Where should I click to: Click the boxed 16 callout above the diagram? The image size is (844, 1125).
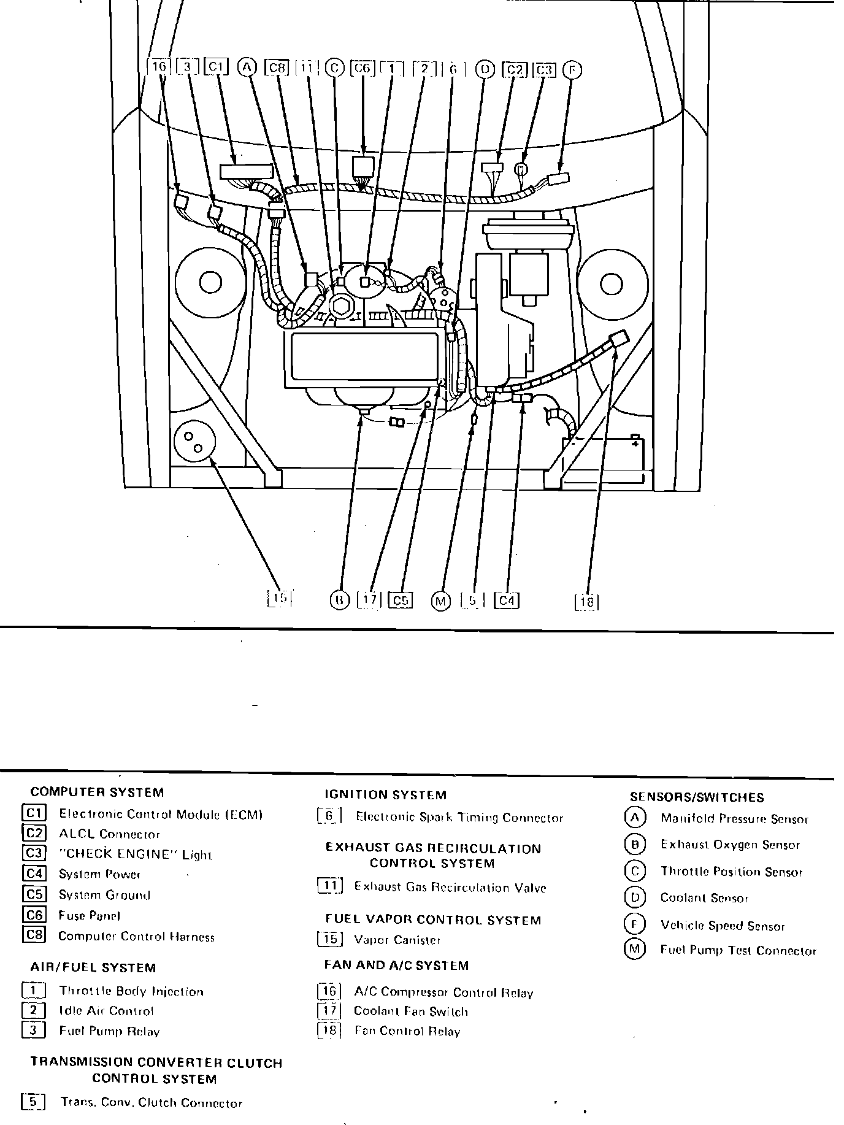click(159, 67)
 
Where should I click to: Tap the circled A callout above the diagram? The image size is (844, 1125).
click(247, 67)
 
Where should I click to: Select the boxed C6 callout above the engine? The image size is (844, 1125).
click(362, 68)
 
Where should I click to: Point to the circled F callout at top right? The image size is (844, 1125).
click(572, 70)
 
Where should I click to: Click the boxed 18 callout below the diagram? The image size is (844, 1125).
click(586, 602)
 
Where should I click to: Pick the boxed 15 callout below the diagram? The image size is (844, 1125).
click(279, 598)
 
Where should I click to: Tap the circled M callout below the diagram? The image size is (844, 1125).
click(440, 601)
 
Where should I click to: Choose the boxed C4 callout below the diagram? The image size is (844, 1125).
click(507, 601)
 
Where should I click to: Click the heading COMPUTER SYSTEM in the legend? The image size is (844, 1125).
click(97, 793)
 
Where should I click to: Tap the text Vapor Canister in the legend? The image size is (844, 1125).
click(397, 940)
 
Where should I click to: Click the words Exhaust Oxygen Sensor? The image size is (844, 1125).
click(730, 845)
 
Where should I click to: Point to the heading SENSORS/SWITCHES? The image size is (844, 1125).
click(697, 797)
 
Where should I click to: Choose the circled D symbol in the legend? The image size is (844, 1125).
click(635, 898)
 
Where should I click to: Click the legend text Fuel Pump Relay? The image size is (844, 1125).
click(109, 1031)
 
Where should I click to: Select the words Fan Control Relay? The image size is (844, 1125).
click(407, 1031)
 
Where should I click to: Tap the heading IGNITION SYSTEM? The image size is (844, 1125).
click(385, 795)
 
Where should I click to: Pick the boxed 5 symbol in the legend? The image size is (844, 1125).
click(33, 1102)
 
